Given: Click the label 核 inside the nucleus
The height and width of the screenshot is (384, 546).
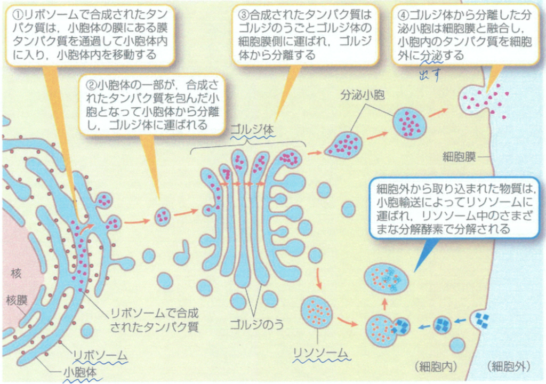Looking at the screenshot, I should (15, 274).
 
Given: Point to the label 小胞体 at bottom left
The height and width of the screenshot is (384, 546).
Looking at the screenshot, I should (79, 372).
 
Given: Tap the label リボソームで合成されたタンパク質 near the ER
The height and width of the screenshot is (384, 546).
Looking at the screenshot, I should (154, 319).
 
